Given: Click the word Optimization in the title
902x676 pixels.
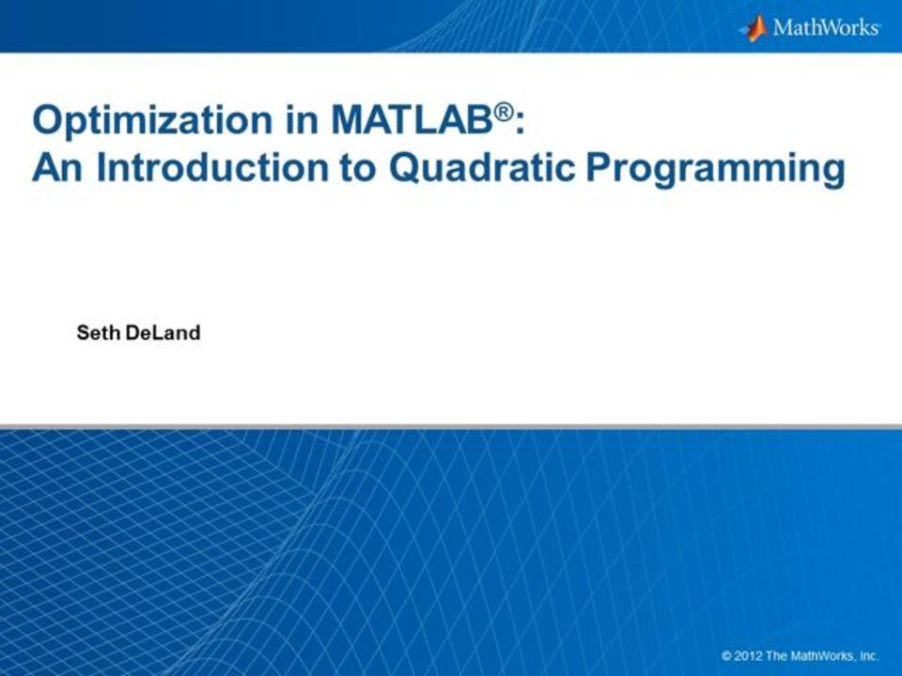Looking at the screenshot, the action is pos(152,120).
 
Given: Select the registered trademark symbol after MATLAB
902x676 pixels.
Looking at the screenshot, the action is pos(504,112).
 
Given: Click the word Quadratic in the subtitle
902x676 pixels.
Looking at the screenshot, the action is pos(482,167).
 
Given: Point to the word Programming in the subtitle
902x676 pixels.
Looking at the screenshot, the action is pos(716,170).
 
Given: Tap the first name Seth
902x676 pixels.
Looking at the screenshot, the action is pos(99,332).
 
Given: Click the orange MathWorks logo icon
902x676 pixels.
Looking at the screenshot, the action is pos(754,28).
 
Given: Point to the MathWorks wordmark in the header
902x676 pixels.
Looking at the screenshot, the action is pos(826,27).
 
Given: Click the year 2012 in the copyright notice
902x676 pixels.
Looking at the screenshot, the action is pos(749,656).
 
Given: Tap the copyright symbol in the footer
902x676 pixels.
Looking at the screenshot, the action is pos(727,656).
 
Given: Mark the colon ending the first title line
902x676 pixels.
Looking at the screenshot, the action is pos(520,124).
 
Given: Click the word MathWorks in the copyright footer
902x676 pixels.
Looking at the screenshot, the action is pos(824,656).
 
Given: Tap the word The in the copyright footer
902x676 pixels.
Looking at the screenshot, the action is pos(777,656).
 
